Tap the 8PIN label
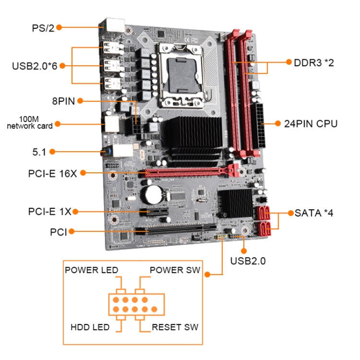[x=63, y=101]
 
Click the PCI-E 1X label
[x=49, y=211]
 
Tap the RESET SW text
[x=175, y=327]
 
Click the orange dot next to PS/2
[x=59, y=27]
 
